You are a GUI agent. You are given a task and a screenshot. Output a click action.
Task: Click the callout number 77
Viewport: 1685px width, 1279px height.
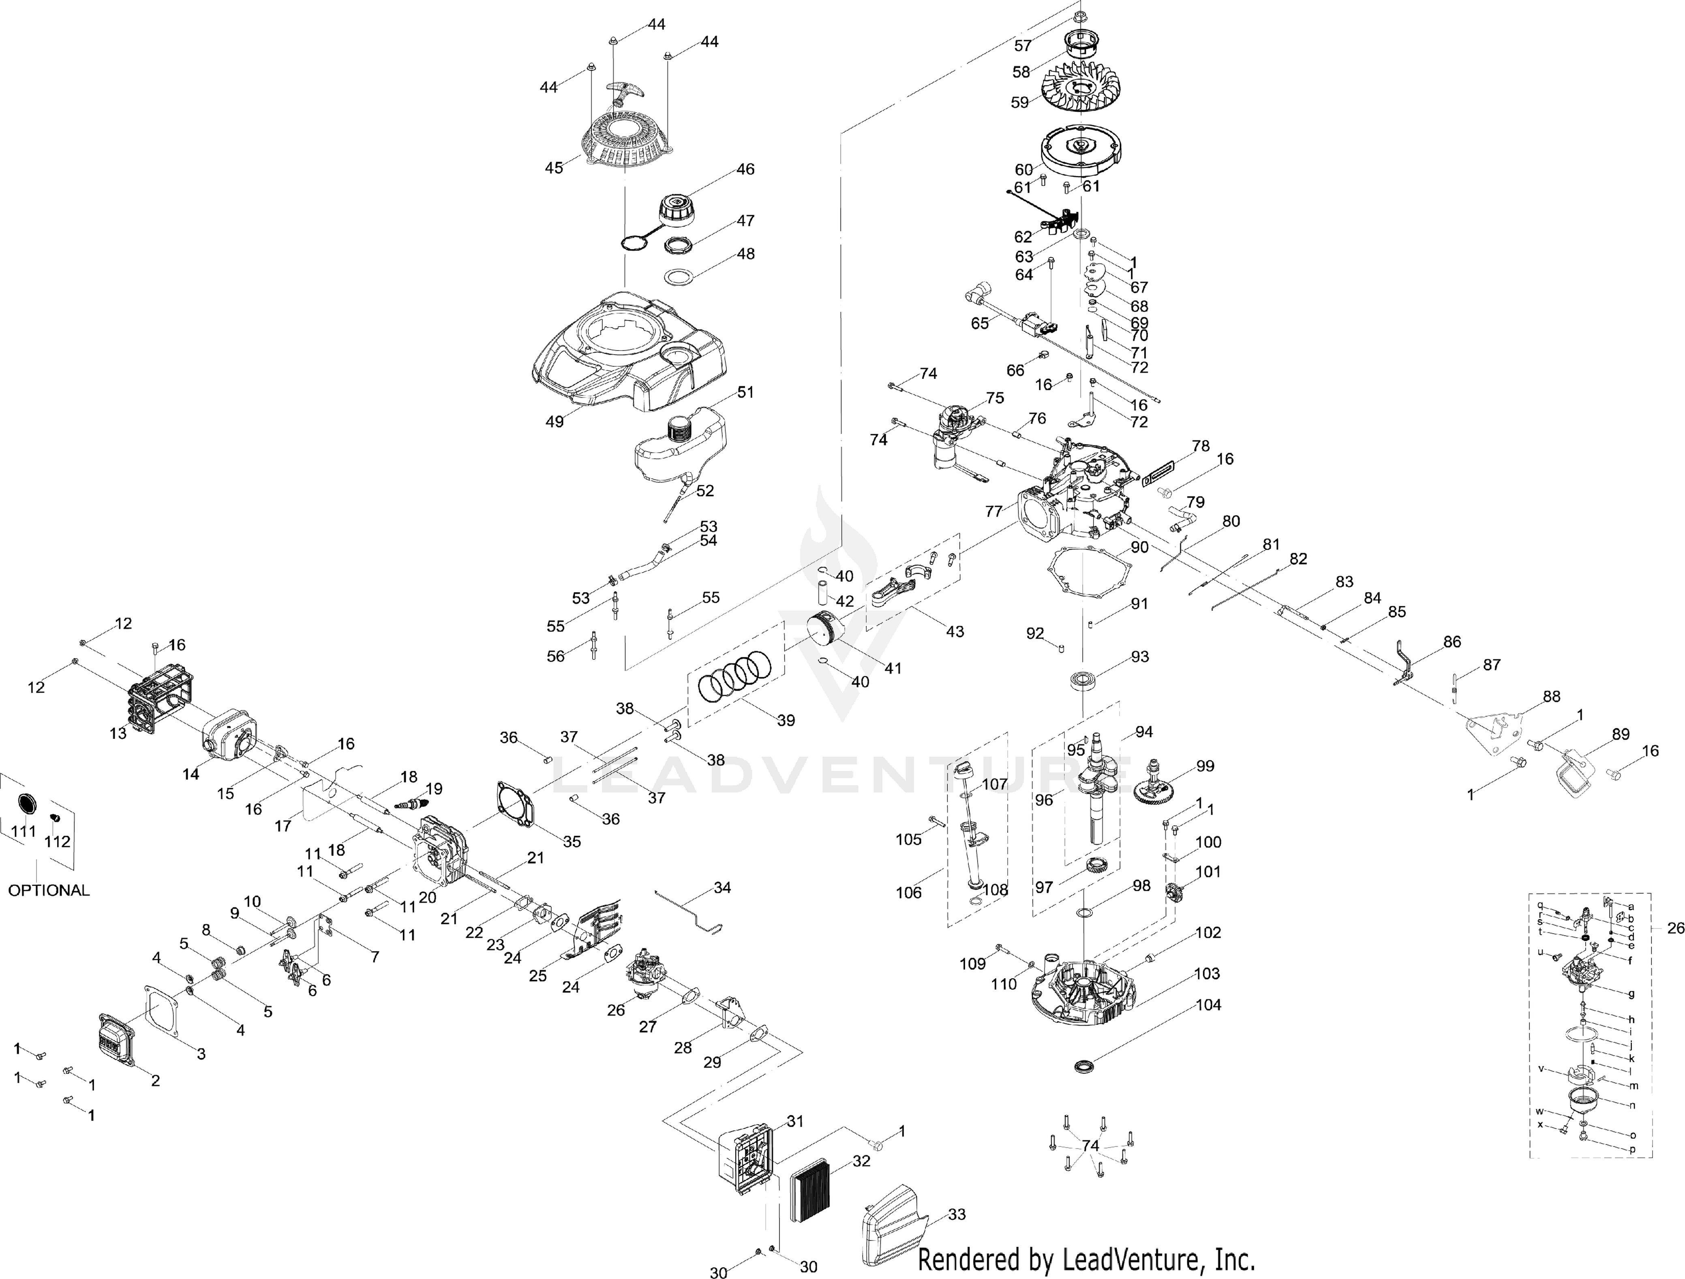[994, 511]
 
